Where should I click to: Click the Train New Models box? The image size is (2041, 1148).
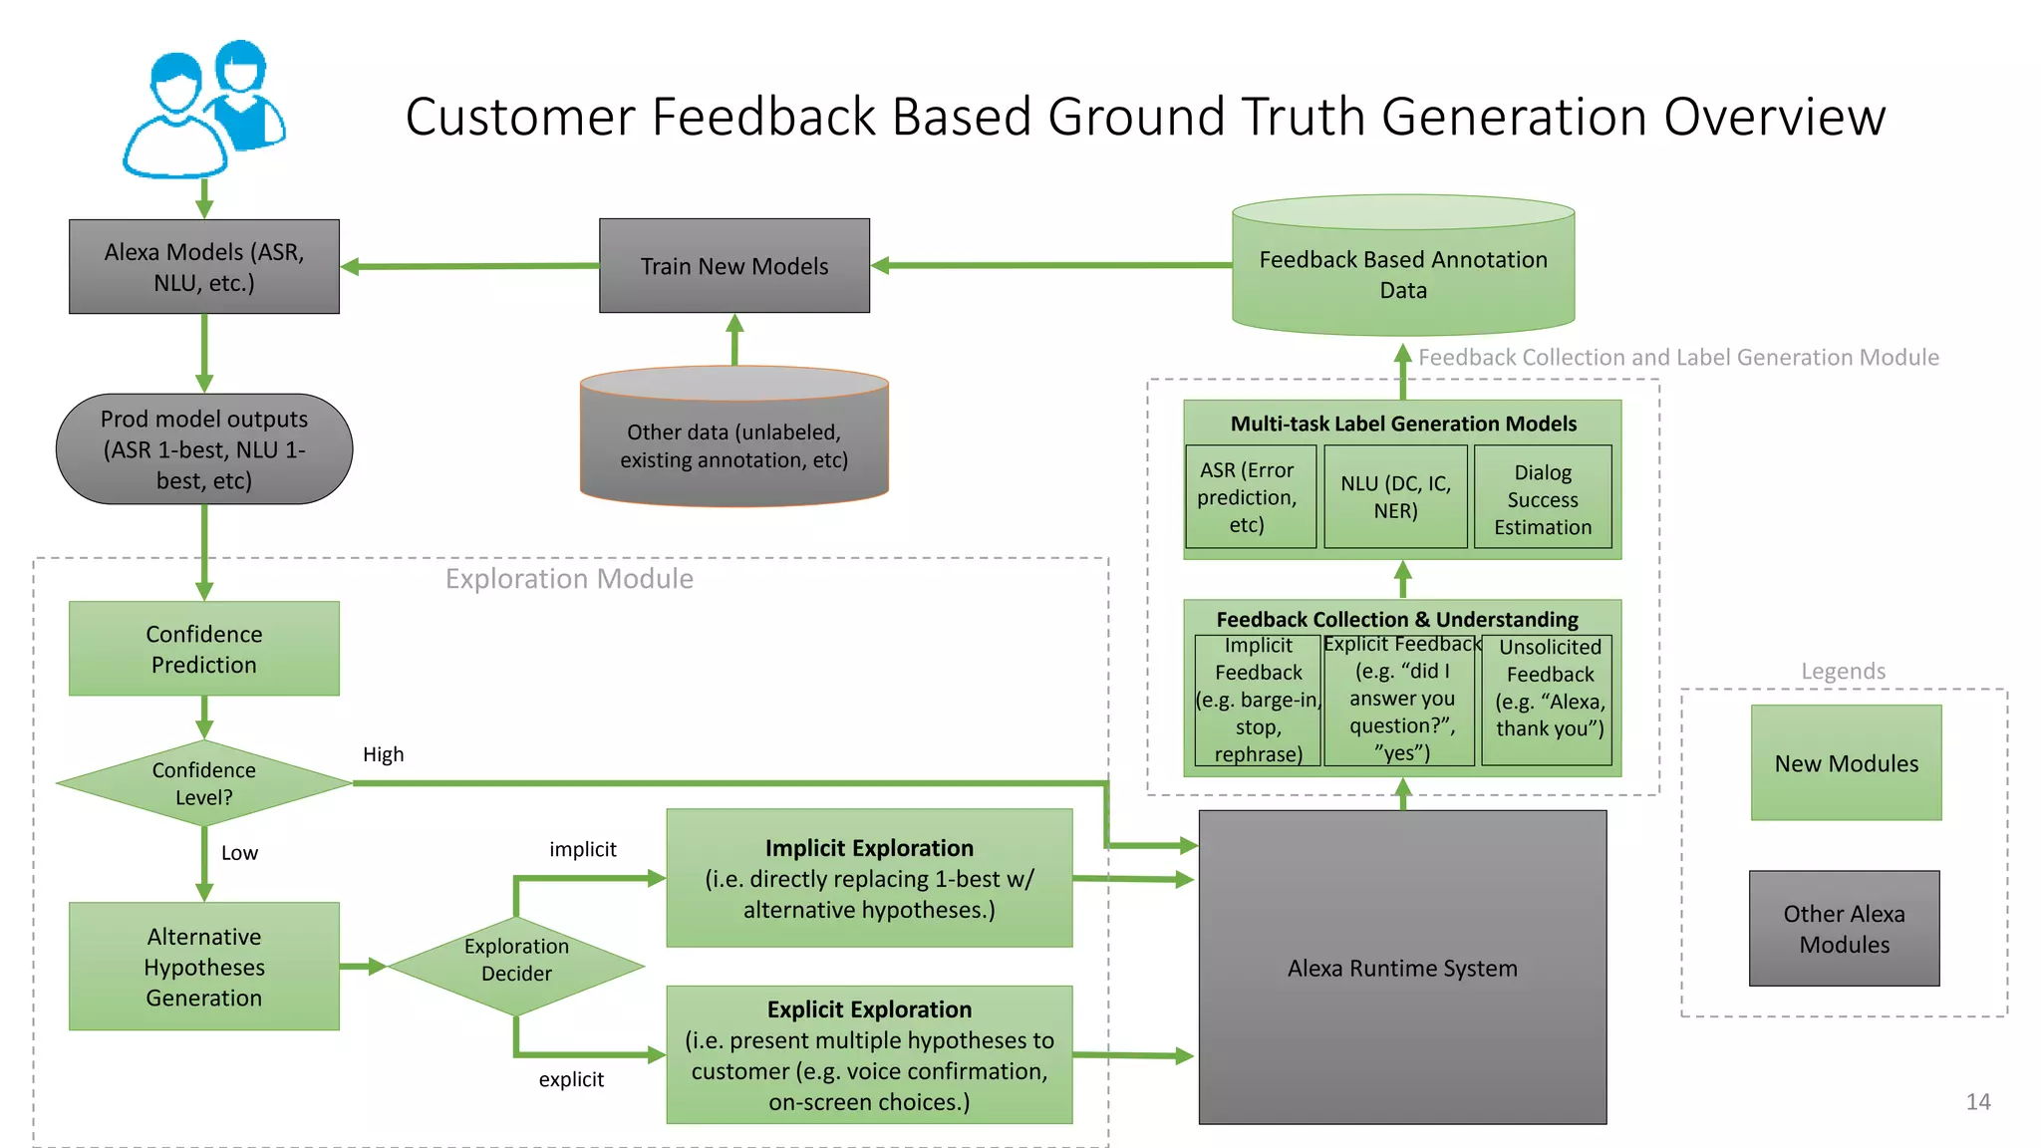pos(733,266)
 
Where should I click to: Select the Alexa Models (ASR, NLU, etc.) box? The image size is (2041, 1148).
pos(203,267)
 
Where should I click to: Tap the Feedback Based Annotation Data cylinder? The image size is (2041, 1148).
pos(1402,274)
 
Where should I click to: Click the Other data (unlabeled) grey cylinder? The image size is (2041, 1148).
pos(733,445)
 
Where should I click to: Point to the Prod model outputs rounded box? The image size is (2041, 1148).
pos(203,449)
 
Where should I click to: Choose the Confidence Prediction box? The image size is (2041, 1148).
pos(203,649)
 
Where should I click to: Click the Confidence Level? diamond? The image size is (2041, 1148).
pos(203,783)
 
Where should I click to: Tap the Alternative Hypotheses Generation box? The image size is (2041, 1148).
pos(203,967)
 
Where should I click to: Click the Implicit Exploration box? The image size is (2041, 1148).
pos(869,878)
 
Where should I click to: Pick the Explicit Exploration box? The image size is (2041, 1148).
pos(869,1055)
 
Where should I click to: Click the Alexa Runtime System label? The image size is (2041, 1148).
pos(1402,969)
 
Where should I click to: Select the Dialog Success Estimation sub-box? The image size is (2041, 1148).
pos(1542,498)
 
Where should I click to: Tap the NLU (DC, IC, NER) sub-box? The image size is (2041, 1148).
pos(1395,497)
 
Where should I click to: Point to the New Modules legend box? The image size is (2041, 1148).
pos(1846,763)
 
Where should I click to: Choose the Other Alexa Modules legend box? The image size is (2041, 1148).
pos(1844,929)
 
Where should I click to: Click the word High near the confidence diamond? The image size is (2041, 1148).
pos(383,754)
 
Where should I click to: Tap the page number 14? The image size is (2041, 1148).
pos(1977,1101)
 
